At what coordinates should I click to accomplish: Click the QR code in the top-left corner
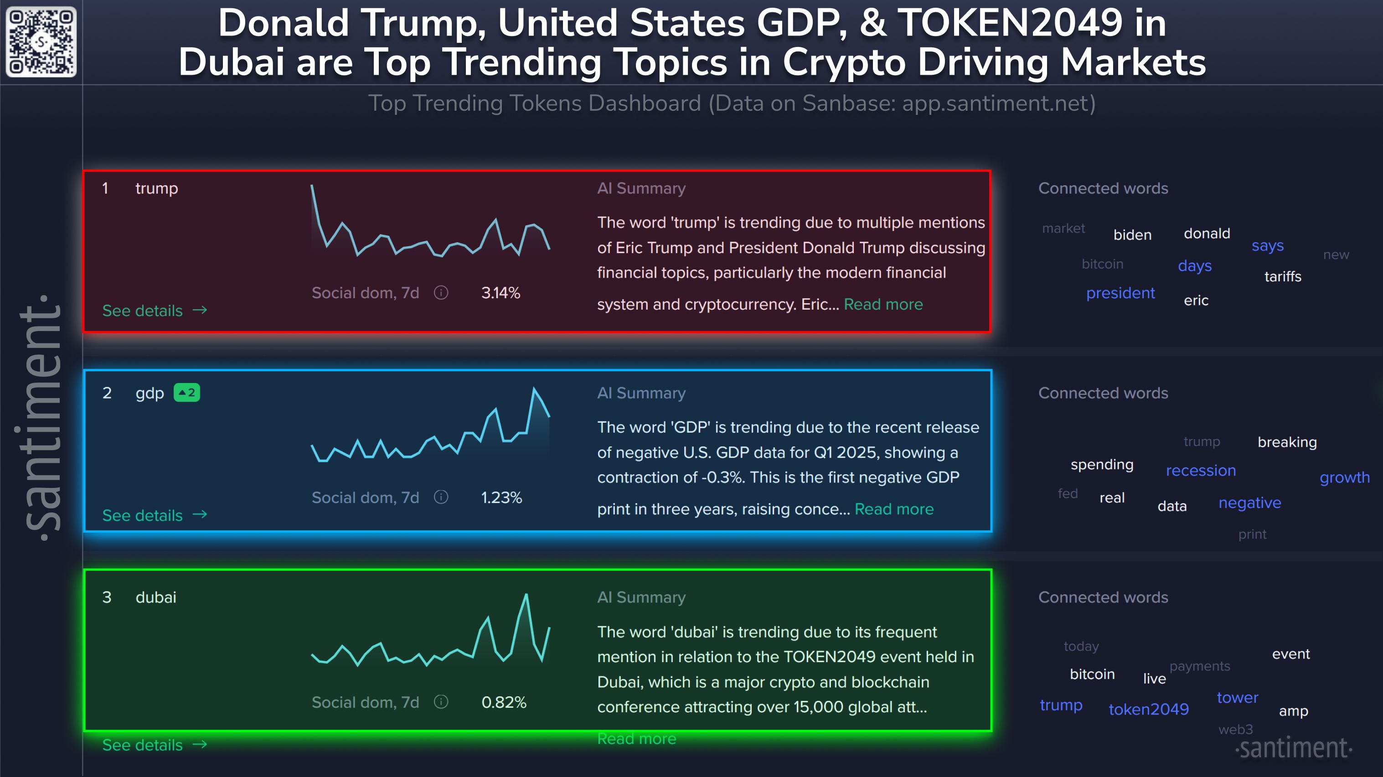pyautogui.click(x=41, y=42)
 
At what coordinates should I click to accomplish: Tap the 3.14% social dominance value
pyautogui.click(x=501, y=293)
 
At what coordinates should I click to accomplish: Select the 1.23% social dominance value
pyautogui.click(x=501, y=498)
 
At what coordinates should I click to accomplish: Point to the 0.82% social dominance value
pyautogui.click(x=504, y=702)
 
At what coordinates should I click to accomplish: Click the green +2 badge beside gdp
pyautogui.click(x=187, y=393)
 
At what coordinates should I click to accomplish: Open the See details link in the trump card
pyautogui.click(x=154, y=311)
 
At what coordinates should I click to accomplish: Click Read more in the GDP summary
pyautogui.click(x=894, y=509)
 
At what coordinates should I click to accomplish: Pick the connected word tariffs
pyautogui.click(x=1283, y=276)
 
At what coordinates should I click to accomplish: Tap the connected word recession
pyautogui.click(x=1201, y=471)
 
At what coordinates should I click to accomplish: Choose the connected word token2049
pyautogui.click(x=1148, y=710)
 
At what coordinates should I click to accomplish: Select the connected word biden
pyautogui.click(x=1132, y=235)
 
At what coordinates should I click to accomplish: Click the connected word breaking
pyautogui.click(x=1287, y=442)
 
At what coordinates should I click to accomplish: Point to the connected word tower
pyautogui.click(x=1237, y=698)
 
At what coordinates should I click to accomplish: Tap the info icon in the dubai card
pyautogui.click(x=441, y=702)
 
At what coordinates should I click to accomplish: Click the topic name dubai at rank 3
pyautogui.click(x=156, y=598)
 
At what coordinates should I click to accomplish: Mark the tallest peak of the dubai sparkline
pyautogui.click(x=526, y=595)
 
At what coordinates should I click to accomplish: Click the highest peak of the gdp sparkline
pyautogui.click(x=534, y=388)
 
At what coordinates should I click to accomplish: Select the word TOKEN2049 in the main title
pyautogui.click(x=1010, y=24)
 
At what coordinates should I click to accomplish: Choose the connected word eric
pyautogui.click(x=1196, y=300)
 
